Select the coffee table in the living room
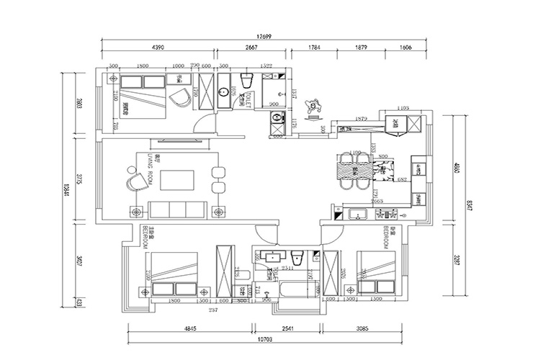[x=176, y=179]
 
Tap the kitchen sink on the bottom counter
[x=357, y=214]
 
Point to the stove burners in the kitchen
[x=390, y=214]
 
